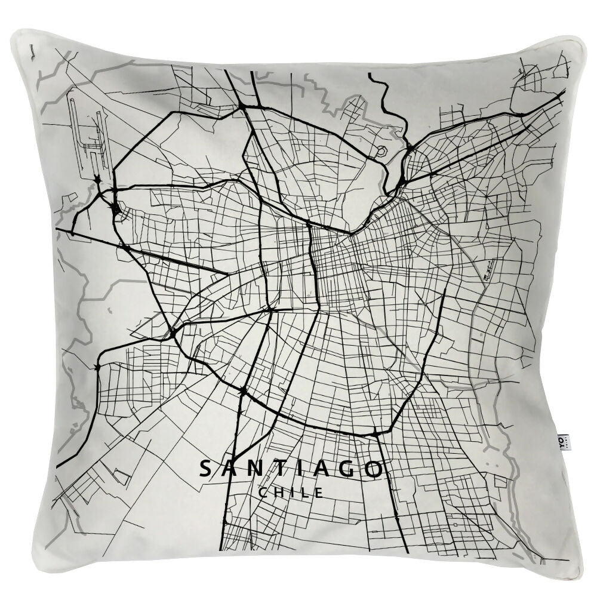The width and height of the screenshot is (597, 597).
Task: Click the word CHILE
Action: tap(291, 493)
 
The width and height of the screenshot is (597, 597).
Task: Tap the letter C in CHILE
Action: tap(263, 493)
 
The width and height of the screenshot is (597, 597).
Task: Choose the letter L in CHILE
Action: tap(307, 493)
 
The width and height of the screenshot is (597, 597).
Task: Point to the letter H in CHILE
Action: tap(279, 493)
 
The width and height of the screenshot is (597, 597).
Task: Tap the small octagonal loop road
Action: tap(380, 152)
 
